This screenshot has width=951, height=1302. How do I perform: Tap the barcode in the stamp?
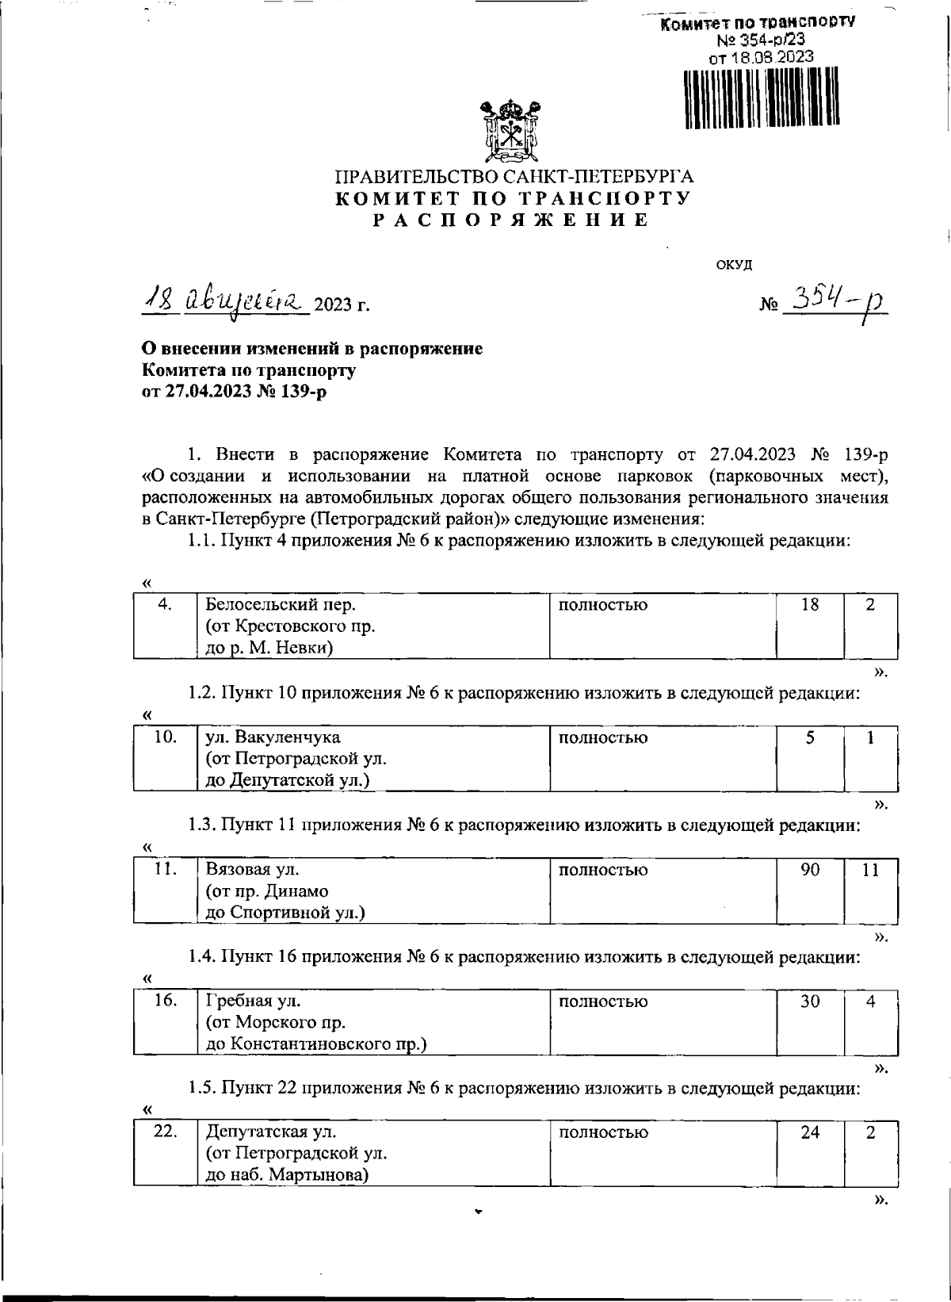760,97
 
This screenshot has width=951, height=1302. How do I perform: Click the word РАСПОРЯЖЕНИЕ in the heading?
512,220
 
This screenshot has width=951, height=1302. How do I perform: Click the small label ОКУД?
734,265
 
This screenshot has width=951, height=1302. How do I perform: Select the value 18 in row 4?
809,605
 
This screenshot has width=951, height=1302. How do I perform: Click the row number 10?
165,737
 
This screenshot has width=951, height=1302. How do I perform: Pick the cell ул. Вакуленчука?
273,737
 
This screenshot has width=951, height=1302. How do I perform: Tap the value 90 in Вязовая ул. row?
809,870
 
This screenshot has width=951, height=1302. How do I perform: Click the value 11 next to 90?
870,870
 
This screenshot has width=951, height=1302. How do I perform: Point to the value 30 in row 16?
809,1001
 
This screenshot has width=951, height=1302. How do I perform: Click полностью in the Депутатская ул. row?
603,1133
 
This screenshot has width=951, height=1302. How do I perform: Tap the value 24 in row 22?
809,1133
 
